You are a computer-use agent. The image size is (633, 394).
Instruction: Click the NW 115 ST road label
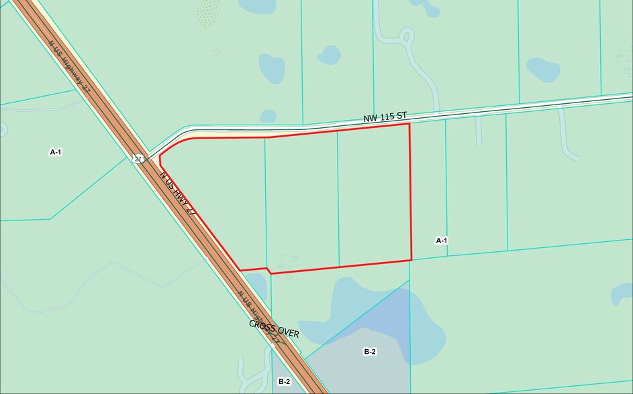click(385, 117)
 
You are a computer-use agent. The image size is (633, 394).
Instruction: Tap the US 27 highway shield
click(138, 159)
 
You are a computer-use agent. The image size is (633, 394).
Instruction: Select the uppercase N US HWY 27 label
click(177, 193)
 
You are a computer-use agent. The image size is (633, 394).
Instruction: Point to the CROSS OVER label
click(274, 328)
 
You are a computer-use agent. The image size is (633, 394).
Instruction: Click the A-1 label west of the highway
click(56, 152)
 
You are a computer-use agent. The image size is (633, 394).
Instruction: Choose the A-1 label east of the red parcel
click(441, 240)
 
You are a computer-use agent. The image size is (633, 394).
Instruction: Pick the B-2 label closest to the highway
click(284, 381)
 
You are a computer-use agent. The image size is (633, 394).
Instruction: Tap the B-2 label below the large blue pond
click(369, 352)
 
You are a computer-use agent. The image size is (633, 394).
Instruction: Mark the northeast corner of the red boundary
click(409, 124)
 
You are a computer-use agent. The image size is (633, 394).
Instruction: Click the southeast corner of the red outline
click(411, 260)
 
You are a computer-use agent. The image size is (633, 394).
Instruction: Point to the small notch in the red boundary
click(269, 271)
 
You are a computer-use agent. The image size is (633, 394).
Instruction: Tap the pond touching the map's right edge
click(623, 293)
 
